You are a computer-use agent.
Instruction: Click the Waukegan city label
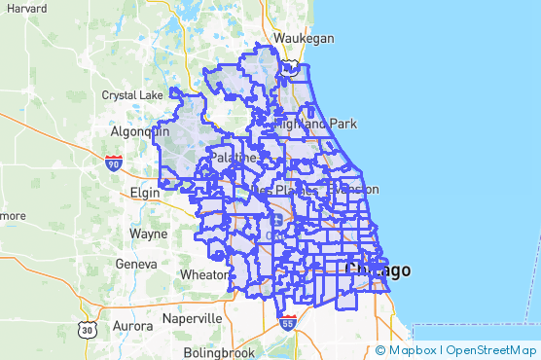pyautogui.click(x=304, y=38)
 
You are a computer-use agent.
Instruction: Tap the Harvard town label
pyautogui.click(x=25, y=8)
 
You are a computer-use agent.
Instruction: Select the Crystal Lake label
pyautogui.click(x=133, y=95)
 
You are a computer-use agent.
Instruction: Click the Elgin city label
pyautogui.click(x=147, y=193)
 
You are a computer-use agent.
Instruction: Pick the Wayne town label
pyautogui.click(x=148, y=234)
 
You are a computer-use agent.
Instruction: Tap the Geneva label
pyautogui.click(x=135, y=264)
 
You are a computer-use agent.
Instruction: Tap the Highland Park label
pyautogui.click(x=315, y=124)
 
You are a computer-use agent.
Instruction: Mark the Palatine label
pyautogui.click(x=234, y=157)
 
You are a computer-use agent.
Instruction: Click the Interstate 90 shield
pyautogui.click(x=115, y=162)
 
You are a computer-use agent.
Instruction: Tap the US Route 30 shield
pyautogui.click(x=89, y=329)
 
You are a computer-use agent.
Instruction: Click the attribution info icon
pyautogui.click(x=380, y=350)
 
